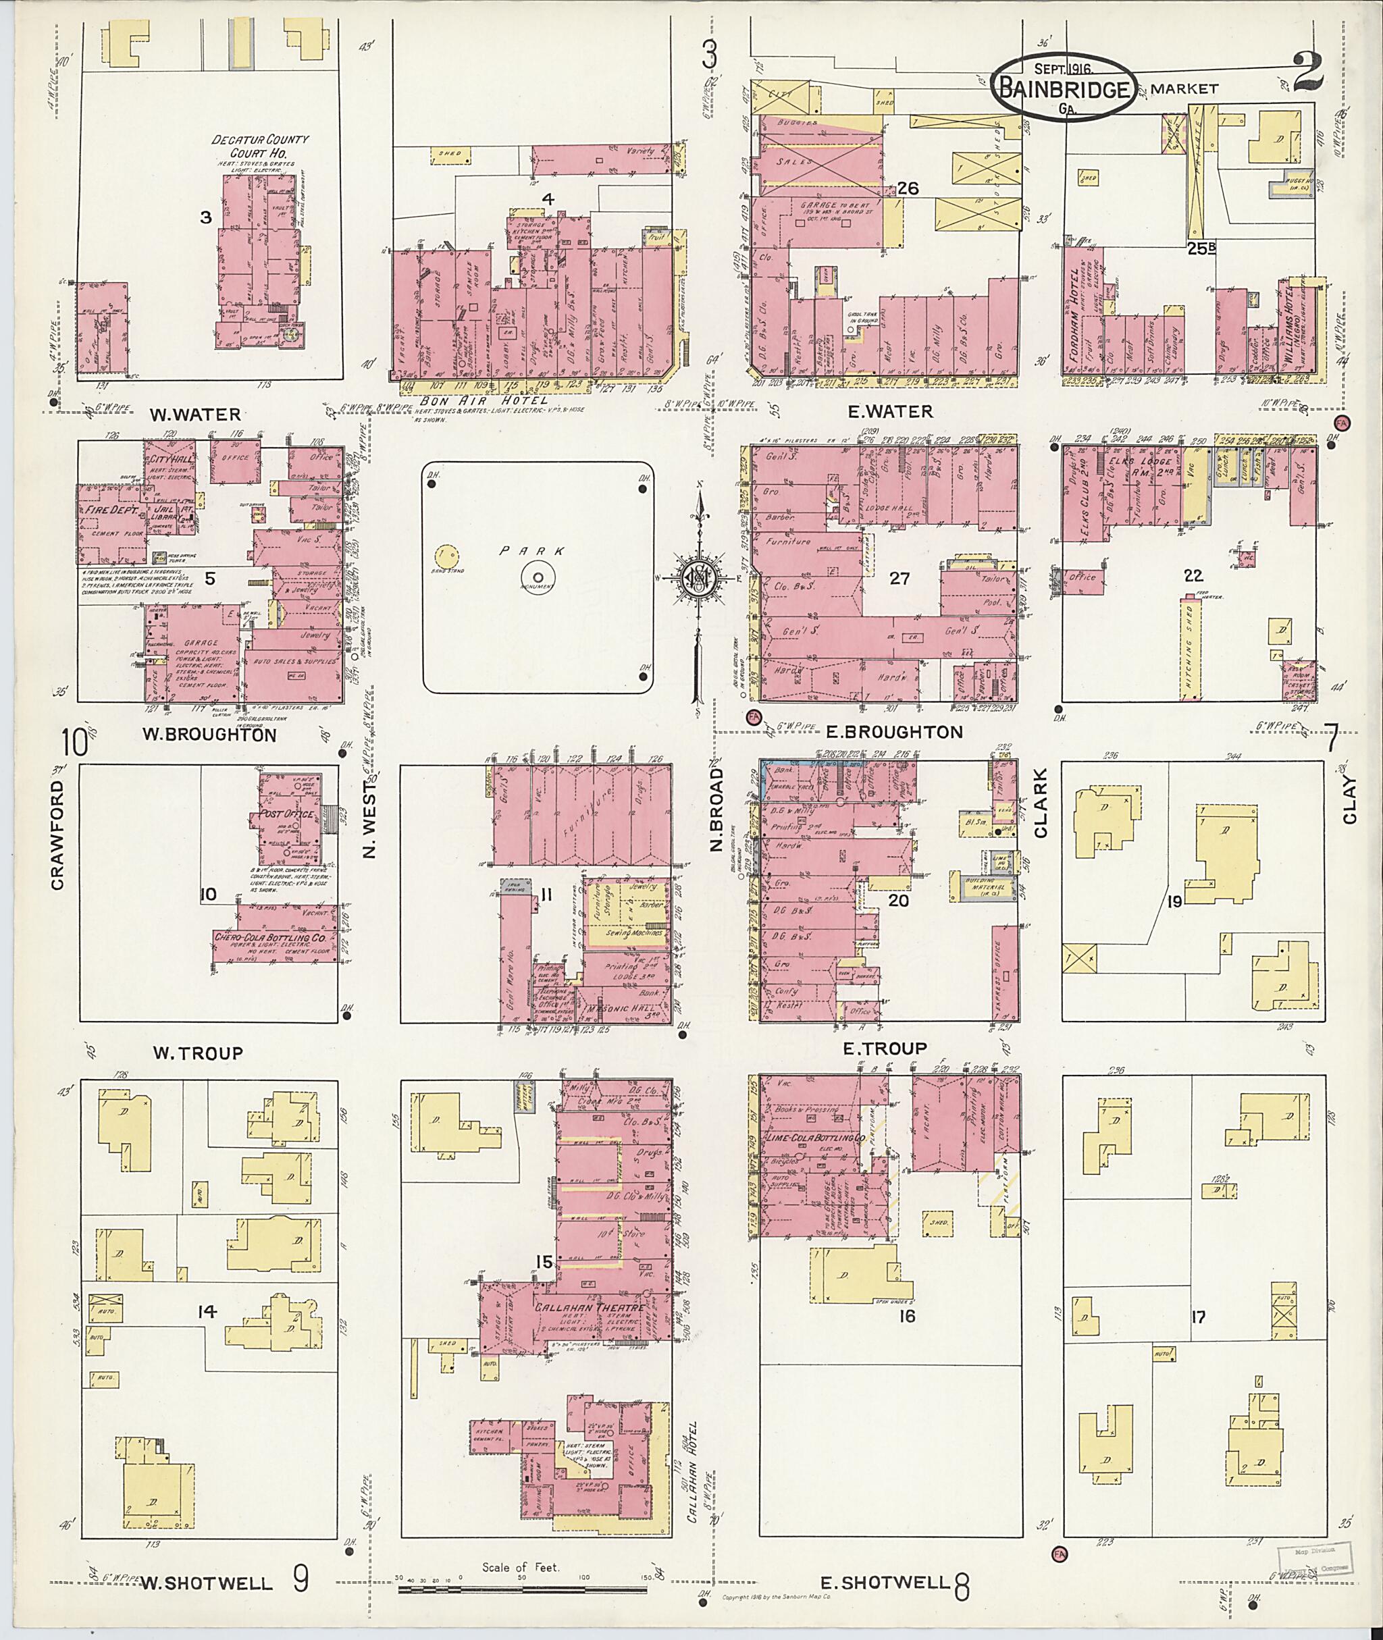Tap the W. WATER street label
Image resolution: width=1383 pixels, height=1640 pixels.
(196, 414)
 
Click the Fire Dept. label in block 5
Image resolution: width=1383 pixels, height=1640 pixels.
(113, 510)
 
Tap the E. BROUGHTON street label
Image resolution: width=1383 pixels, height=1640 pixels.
(894, 732)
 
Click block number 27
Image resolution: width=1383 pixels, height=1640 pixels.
(899, 579)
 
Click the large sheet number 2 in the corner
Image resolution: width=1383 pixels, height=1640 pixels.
(1309, 72)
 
